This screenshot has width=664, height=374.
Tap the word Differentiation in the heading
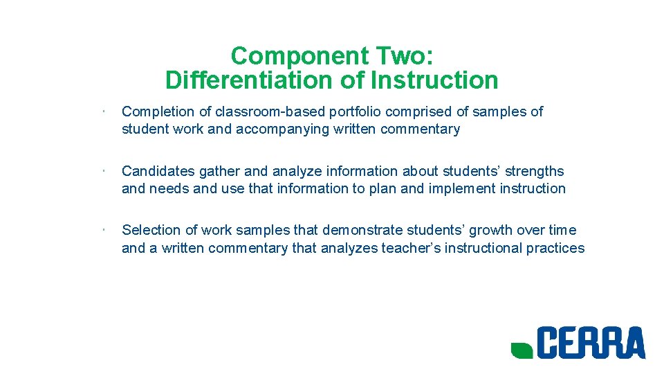250,80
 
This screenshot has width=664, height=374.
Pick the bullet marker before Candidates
101,170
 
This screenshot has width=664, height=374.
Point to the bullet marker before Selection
101,229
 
